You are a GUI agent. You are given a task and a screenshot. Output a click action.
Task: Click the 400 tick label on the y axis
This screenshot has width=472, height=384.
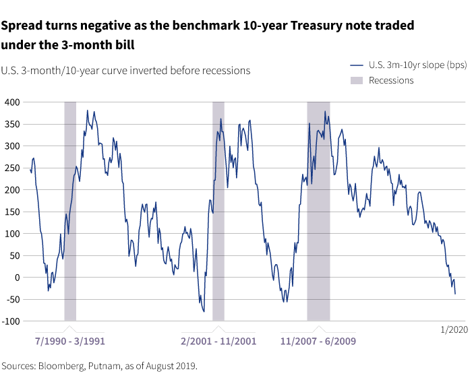pos(12,102)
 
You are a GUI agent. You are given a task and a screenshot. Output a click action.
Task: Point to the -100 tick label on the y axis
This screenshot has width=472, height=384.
pos(11,321)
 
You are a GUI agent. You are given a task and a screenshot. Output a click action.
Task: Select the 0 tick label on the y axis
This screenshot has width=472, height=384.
pos(17,277)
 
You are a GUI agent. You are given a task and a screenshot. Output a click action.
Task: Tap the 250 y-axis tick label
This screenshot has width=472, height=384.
pos(12,168)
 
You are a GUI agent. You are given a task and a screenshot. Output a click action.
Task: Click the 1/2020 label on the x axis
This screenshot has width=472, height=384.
pos(454,329)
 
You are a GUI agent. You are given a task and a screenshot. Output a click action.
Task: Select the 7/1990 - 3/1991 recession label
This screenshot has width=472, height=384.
pos(70,341)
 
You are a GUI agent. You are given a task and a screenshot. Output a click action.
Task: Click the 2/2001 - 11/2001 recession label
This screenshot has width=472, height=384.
pos(218,341)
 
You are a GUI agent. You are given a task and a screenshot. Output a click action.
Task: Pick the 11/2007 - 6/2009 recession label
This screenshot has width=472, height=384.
pos(318,341)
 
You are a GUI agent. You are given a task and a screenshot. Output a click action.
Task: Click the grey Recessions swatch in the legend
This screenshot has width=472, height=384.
pos(357,80)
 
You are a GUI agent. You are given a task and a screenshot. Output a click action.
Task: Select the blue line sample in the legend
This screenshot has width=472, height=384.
pos(357,65)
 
